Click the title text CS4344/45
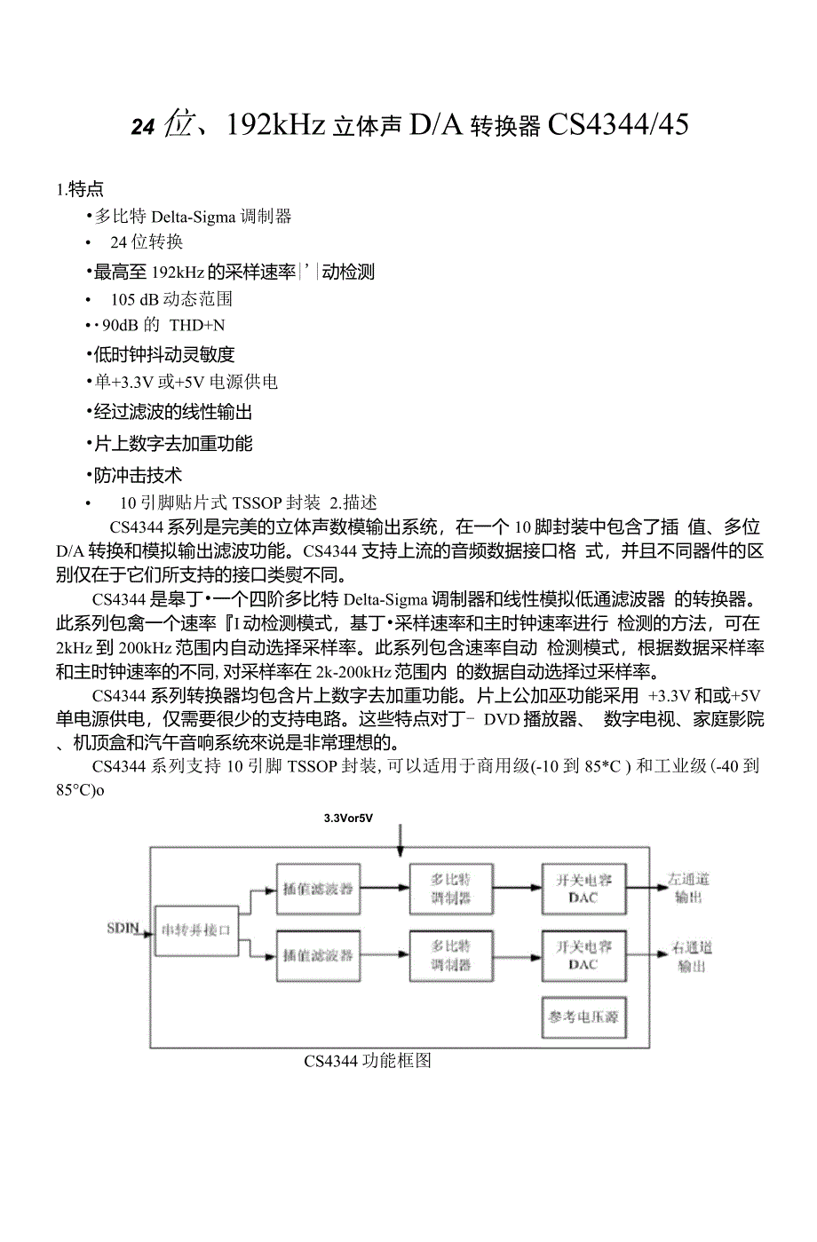click(x=618, y=125)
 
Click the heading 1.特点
click(x=80, y=188)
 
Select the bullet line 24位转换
click(x=147, y=241)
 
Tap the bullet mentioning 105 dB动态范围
click(x=171, y=298)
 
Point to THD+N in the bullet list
click(x=197, y=325)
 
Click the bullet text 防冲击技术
click(x=138, y=475)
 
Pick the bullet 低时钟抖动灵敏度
click(x=164, y=354)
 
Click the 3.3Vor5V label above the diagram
click(x=348, y=818)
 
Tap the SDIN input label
click(x=123, y=929)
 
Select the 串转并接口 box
click(x=196, y=930)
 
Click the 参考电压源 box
click(x=583, y=1017)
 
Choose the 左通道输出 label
click(x=688, y=888)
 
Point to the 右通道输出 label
click(x=691, y=955)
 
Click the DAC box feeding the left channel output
click(x=583, y=888)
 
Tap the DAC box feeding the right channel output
click(x=583, y=955)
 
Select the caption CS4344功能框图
click(x=367, y=1061)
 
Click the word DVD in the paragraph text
click(x=503, y=719)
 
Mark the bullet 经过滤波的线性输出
click(x=173, y=412)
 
